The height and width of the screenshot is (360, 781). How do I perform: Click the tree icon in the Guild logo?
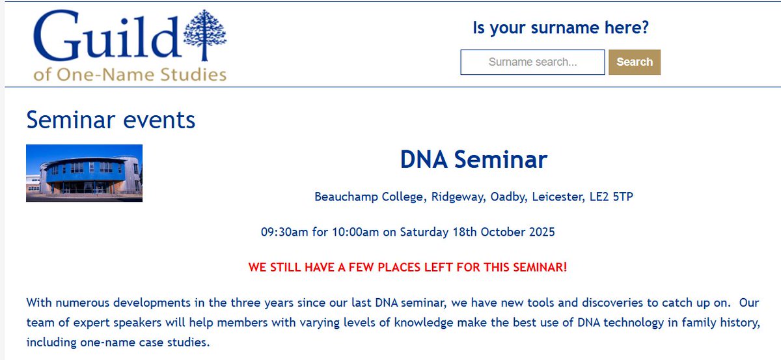coord(205,36)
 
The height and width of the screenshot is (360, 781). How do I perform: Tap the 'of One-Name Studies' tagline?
coord(130,74)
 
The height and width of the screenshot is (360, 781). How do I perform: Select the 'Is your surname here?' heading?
coord(560,28)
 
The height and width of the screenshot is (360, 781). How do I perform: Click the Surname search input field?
coord(532,62)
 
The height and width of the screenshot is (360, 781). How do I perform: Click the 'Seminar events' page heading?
coord(111,120)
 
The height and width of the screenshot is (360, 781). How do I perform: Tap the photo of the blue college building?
coord(84,173)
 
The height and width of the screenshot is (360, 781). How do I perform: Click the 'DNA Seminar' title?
coord(474,159)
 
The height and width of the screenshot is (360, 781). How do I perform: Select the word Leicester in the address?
coord(558,197)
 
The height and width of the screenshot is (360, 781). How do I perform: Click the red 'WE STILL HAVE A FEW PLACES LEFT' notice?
coord(407,267)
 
